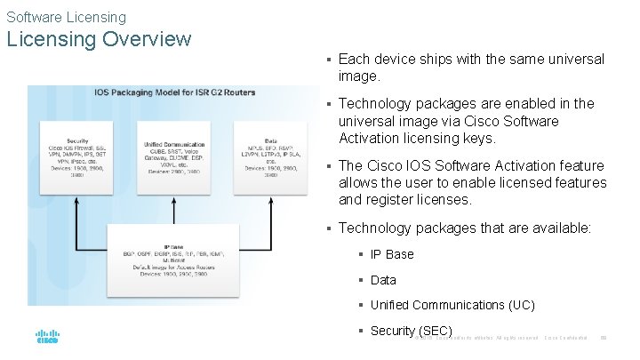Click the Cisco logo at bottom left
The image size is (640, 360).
click(x=46, y=338)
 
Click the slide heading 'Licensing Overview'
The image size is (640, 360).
click(x=99, y=39)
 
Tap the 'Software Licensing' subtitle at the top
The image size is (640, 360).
click(x=67, y=17)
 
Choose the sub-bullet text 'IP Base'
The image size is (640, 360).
click(x=392, y=254)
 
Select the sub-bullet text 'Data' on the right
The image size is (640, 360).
click(x=383, y=280)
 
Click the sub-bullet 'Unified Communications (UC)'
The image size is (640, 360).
click(x=452, y=305)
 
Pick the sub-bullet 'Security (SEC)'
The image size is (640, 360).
click(x=411, y=331)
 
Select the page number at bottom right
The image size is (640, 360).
click(x=604, y=338)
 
